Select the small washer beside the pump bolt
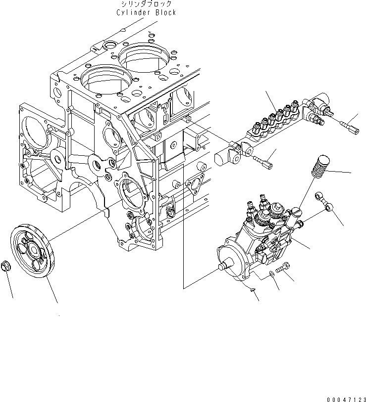pos(273,273)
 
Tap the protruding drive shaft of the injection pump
pos(227,267)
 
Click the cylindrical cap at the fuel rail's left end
pos(221,156)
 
